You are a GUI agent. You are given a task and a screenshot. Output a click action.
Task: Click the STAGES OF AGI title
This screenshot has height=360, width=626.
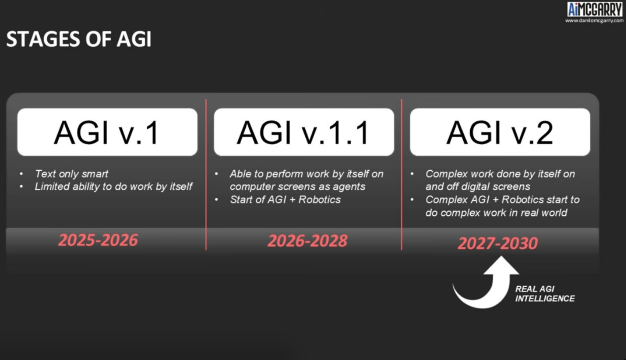pos(79,39)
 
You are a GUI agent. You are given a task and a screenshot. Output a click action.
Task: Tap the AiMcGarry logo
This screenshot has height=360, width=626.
pos(594,10)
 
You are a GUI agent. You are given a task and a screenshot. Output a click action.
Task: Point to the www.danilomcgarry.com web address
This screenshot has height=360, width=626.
pos(594,21)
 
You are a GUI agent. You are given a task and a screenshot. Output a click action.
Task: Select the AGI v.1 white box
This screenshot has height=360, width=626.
pos(107,132)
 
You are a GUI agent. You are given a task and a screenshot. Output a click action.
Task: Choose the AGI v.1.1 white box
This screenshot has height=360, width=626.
pos(304,132)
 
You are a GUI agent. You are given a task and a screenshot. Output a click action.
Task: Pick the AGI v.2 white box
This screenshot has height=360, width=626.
pos(500,132)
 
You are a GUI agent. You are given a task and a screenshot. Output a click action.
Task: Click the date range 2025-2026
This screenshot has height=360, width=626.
pos(98,240)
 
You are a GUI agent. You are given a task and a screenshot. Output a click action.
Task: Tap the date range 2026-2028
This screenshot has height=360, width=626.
pos(307,240)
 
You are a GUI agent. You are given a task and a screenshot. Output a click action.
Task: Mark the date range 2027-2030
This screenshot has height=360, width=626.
pos(498,243)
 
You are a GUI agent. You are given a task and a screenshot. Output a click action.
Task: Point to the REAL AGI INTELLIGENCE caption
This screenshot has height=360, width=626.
pos(545,294)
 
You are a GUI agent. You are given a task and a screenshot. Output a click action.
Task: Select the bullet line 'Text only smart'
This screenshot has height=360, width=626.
pos(71,174)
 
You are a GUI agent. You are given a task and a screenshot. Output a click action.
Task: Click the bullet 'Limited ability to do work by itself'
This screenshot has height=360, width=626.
pos(113,187)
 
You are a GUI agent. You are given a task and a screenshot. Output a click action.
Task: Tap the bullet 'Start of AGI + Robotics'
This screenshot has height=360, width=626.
pos(285,199)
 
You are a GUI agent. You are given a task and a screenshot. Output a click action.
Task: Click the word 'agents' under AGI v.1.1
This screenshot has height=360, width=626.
pos(349,187)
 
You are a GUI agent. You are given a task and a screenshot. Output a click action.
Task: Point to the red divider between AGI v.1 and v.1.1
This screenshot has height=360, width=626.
pos(206,174)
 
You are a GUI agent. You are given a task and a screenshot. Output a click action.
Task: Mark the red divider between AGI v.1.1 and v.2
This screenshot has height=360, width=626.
pos(401,174)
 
